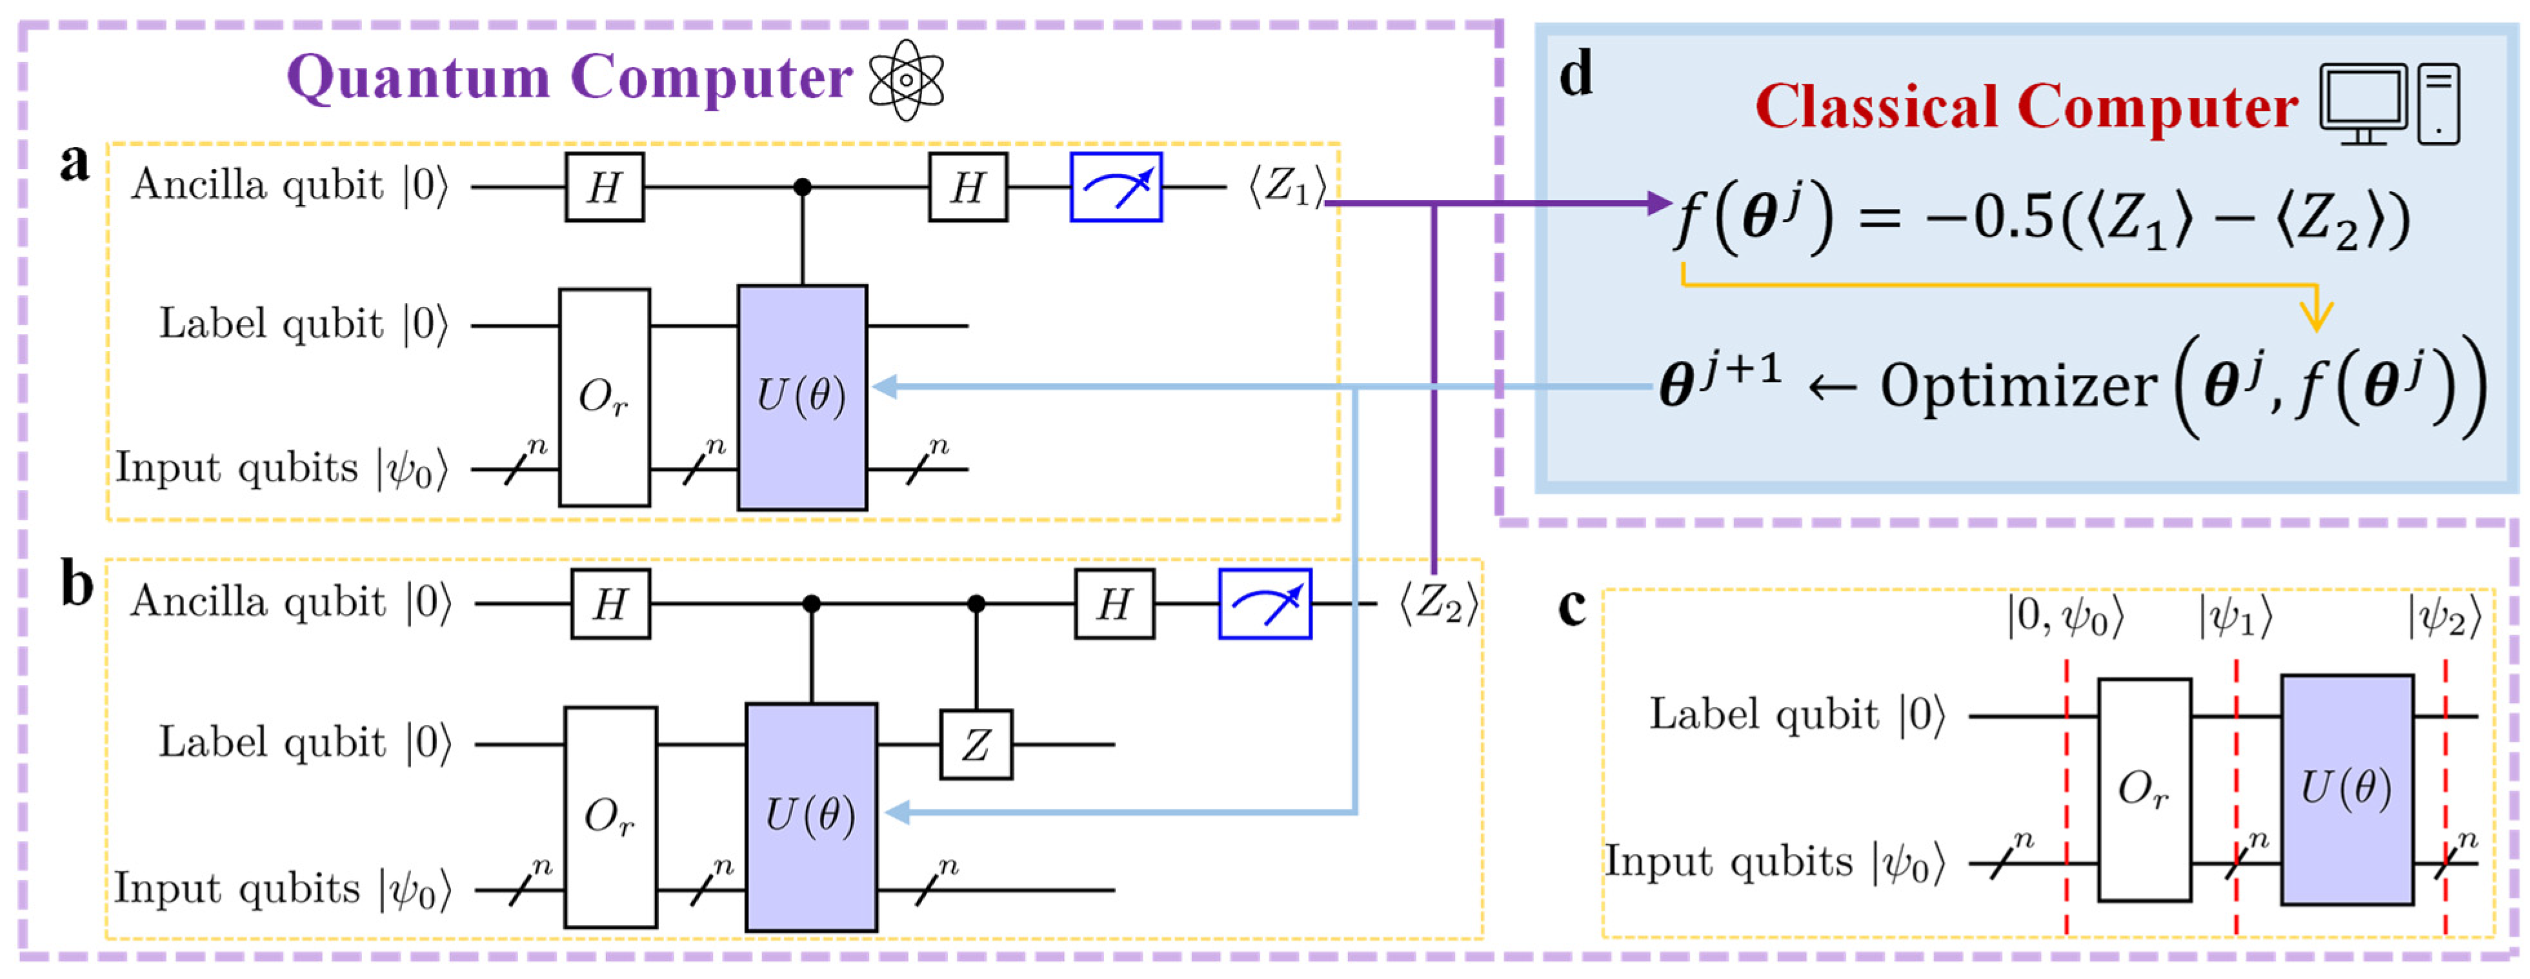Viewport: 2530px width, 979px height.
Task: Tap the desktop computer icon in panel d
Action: click(x=2389, y=104)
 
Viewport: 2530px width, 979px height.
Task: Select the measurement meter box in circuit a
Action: click(x=1116, y=186)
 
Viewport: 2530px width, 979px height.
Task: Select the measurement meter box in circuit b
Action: click(x=1264, y=604)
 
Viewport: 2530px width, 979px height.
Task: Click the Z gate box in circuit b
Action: click(x=975, y=744)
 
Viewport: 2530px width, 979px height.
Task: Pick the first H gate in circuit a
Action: click(x=604, y=186)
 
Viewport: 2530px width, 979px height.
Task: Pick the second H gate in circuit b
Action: click(x=1114, y=604)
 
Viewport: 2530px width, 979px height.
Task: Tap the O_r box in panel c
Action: click(x=2144, y=789)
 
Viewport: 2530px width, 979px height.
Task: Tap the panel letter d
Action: click(x=1575, y=75)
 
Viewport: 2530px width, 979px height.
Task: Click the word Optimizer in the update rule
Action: click(x=2017, y=386)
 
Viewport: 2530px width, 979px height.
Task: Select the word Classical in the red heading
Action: click(x=1876, y=106)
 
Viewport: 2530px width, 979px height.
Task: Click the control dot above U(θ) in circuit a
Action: click(x=803, y=186)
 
